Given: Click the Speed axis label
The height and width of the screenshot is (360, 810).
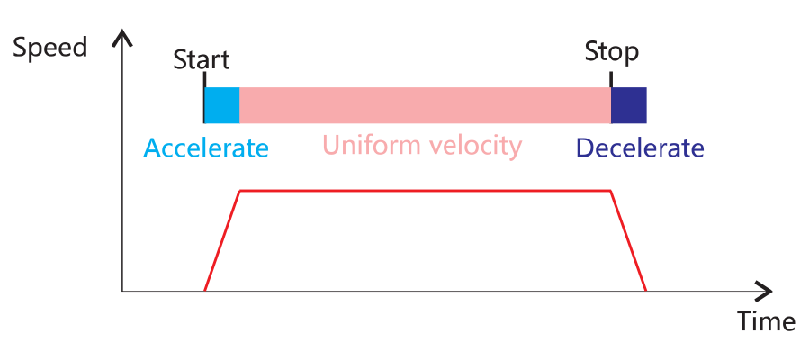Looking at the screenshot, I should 51,48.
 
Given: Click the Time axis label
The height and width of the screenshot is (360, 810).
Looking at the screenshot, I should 765,321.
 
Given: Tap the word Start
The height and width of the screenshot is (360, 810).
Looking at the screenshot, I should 201,60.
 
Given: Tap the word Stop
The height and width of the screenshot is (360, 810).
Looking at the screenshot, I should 611,51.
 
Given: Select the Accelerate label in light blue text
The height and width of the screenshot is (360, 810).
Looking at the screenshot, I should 206,148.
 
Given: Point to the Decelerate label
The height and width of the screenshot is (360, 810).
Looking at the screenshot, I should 639,148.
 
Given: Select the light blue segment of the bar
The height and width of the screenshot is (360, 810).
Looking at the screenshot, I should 221,105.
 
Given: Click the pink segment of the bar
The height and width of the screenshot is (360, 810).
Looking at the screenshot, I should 425,105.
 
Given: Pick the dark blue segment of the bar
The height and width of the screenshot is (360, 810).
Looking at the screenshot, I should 628,105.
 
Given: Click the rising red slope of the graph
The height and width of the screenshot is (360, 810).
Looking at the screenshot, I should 221,240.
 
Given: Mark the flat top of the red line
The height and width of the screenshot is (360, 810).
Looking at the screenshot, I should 425,190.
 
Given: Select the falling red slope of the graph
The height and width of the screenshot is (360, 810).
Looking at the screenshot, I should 629,240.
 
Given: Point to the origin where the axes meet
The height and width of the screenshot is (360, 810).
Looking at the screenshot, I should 124,291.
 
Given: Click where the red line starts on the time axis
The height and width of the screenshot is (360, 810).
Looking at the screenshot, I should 205,290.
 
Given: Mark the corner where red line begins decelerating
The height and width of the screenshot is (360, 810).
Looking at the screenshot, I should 611,191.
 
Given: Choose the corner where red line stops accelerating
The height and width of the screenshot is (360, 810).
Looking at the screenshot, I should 238,191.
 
